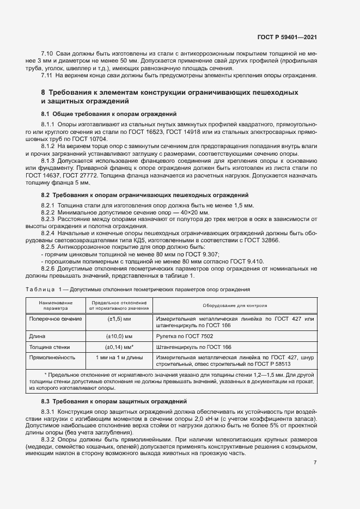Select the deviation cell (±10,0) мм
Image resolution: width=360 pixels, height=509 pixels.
click(x=118, y=336)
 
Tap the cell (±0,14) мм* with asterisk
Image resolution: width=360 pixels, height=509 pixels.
click(x=119, y=347)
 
